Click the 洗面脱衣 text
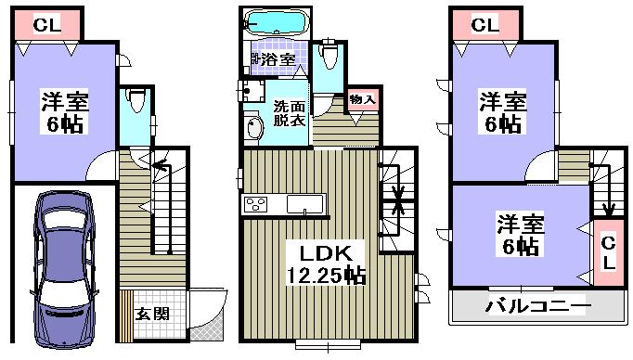(286, 113)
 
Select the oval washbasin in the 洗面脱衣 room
(252, 129)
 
